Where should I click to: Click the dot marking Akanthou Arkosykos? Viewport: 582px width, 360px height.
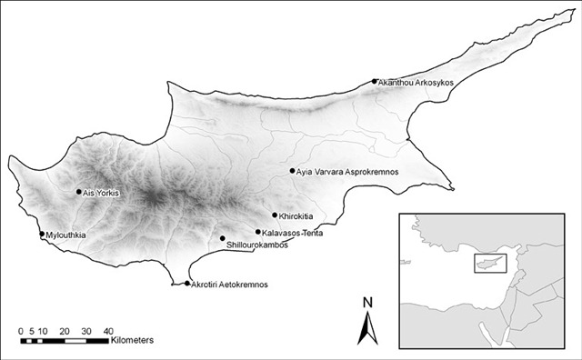(x=375, y=82)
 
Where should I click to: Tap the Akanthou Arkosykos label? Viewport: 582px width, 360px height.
(x=416, y=83)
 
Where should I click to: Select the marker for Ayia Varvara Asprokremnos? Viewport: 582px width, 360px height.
(x=292, y=170)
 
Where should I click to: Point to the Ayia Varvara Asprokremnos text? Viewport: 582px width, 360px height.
(x=348, y=171)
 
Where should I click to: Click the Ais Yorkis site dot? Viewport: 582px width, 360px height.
(x=78, y=192)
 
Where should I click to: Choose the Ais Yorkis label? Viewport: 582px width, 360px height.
(x=101, y=193)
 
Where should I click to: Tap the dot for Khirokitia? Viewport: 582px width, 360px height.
(x=275, y=215)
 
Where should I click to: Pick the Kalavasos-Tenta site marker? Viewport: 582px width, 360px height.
(x=258, y=232)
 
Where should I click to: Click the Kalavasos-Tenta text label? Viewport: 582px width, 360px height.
(x=294, y=233)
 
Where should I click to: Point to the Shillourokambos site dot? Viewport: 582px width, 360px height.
(x=223, y=238)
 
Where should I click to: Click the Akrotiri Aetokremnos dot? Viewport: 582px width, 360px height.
(x=187, y=284)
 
